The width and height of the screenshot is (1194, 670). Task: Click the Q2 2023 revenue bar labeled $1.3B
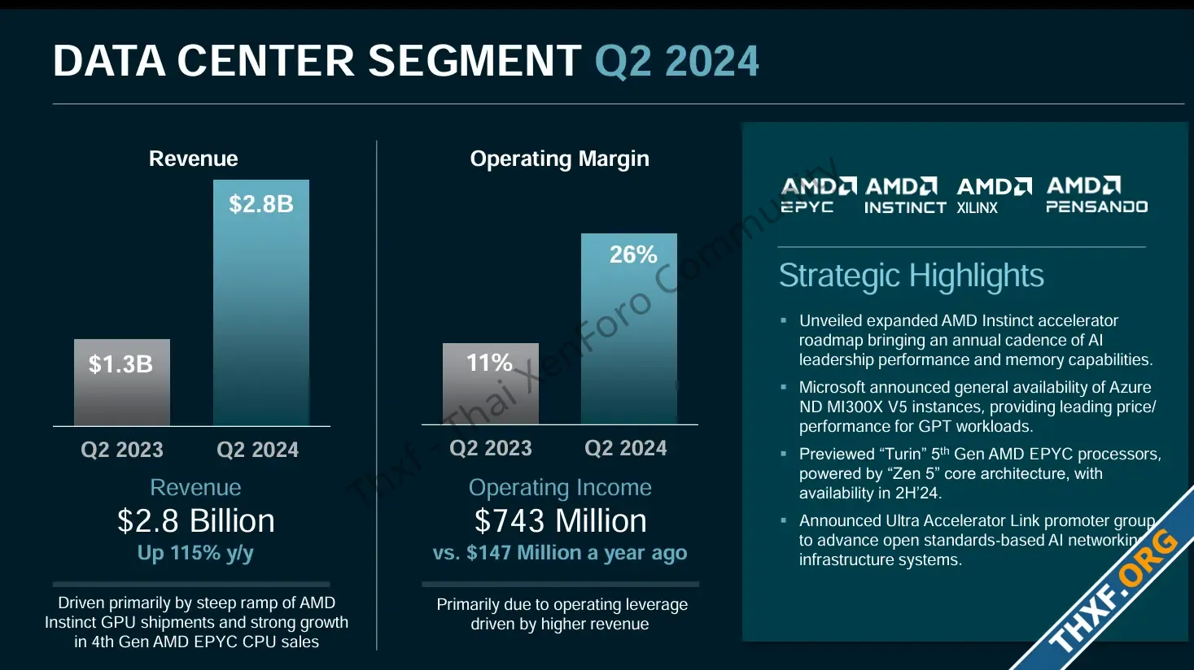[122, 382]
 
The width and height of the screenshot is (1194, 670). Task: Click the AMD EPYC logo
[817, 195]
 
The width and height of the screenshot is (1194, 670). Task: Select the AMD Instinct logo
[904, 196]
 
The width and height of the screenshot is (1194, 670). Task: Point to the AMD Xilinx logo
[993, 196]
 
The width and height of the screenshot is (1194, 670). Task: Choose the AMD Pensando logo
[1096, 195]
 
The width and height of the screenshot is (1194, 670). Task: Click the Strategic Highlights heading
[911, 276]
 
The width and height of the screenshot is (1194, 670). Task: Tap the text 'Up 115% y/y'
[195, 553]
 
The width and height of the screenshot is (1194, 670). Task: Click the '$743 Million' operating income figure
[560, 520]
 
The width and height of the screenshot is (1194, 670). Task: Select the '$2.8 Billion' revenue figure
[195, 520]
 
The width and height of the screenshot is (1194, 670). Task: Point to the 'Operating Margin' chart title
[559, 159]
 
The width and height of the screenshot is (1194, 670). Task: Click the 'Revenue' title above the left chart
[193, 159]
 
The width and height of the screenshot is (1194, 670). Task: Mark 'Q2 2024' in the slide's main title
[676, 61]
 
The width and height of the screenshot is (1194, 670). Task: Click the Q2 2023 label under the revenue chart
[122, 450]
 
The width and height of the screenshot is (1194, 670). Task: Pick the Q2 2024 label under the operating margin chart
[626, 448]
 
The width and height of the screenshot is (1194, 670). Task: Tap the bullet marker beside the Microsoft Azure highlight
[784, 388]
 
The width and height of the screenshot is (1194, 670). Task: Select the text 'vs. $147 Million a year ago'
[560, 553]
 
